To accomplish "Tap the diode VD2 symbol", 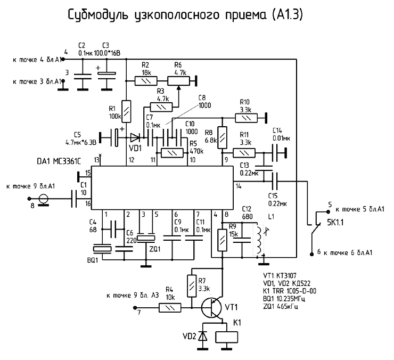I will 202,337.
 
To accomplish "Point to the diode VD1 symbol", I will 135,136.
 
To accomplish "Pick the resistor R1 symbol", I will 126,111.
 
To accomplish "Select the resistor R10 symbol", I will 247,117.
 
